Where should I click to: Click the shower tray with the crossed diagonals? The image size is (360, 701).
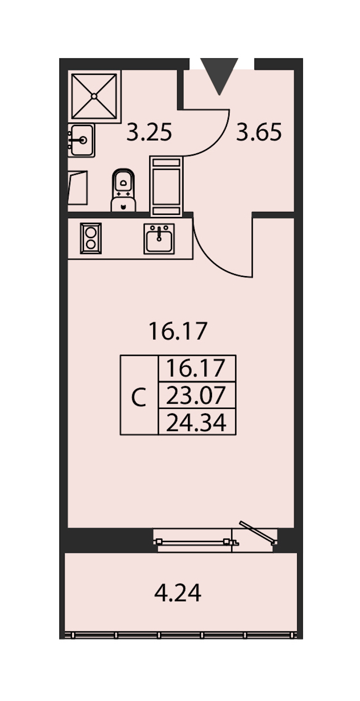tap(94, 96)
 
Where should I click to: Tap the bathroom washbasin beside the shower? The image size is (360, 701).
tap(81, 140)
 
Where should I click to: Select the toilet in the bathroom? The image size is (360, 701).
tap(123, 190)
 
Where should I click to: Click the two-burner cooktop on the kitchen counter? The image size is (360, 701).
tap(91, 238)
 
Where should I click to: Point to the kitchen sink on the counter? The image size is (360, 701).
tap(159, 239)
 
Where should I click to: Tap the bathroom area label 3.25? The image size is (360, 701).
tap(149, 132)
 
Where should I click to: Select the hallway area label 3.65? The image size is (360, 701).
tap(259, 132)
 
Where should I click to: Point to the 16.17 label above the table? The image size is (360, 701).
tap(178, 331)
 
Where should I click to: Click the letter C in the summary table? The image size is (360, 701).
tap(139, 398)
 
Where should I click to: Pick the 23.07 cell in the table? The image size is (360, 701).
tap(197, 395)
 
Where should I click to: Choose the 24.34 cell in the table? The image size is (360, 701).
tap(197, 422)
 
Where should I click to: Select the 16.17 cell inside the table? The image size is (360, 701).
tap(197, 369)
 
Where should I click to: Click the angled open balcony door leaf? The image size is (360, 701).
tap(258, 533)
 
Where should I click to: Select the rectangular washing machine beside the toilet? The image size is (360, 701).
tap(166, 186)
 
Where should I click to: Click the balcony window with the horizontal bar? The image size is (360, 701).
tap(196, 543)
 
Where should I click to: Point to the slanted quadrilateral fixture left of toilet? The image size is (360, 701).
tap(78, 188)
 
